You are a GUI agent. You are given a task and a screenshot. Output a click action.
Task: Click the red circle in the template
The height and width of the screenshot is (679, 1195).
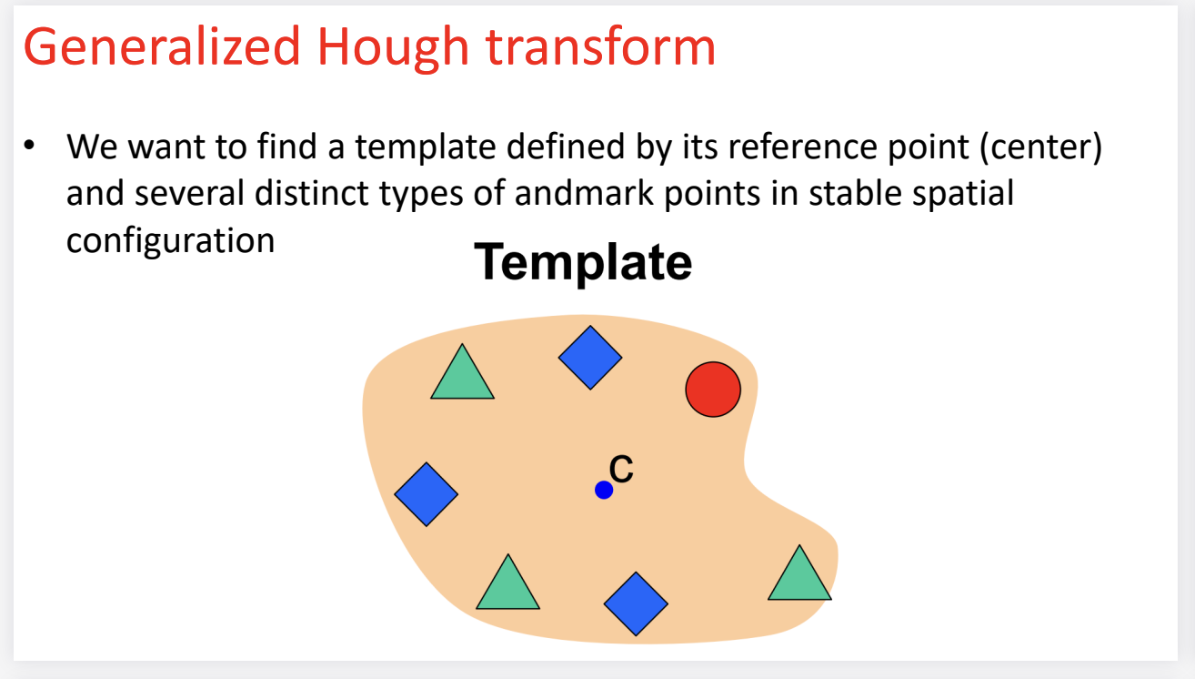[x=713, y=390]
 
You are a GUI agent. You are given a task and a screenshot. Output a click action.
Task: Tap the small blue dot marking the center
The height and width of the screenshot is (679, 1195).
[x=603, y=490]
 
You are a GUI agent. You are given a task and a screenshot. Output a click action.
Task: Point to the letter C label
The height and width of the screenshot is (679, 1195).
[x=621, y=469]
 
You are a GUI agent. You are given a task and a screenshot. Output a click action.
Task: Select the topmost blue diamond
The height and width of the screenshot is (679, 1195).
[x=590, y=357]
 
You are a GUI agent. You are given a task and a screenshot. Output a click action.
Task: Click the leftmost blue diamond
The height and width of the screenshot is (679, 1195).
[x=427, y=494]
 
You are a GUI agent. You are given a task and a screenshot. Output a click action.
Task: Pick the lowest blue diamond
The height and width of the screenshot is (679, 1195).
[x=636, y=603]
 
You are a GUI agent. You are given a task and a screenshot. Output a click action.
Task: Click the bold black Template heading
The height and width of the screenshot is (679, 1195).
[x=583, y=262]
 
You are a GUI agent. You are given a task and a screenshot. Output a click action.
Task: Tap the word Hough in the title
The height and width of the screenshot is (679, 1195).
[x=393, y=48]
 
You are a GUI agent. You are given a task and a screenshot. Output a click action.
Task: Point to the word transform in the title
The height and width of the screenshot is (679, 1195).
[x=601, y=47]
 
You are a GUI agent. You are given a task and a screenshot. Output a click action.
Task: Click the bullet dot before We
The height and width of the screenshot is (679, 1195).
[x=29, y=146]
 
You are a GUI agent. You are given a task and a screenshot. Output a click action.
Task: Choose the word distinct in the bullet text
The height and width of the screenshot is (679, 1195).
[x=312, y=192]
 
